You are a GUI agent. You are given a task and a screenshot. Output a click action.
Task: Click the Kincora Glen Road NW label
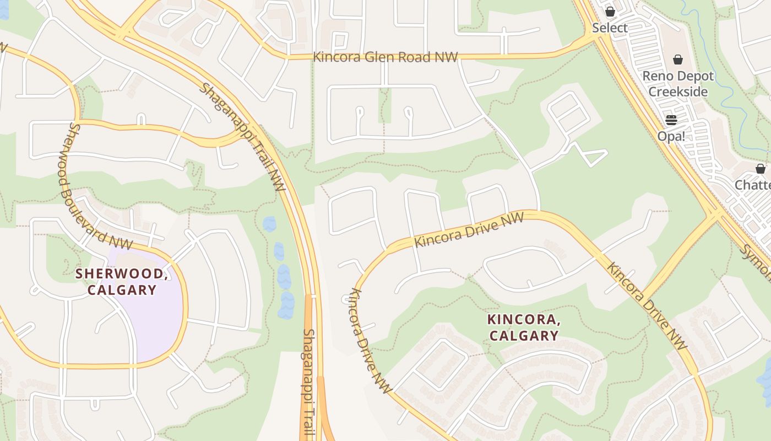tap(385, 57)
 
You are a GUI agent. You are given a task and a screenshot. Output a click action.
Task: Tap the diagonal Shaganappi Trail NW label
tap(242, 137)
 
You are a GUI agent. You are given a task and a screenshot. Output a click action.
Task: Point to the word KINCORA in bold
tap(524, 320)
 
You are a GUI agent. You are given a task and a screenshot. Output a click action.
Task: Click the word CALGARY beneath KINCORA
tap(524, 336)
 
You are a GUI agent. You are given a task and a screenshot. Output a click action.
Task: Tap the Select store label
tap(610, 28)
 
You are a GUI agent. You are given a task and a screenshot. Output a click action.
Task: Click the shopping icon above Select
tap(610, 12)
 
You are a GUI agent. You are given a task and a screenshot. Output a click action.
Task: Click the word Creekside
tap(678, 92)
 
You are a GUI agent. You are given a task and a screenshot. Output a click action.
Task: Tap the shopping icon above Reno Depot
tap(678, 60)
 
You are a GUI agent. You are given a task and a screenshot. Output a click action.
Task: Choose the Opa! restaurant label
tap(671, 136)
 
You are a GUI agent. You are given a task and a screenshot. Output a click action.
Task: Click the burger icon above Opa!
tap(671, 120)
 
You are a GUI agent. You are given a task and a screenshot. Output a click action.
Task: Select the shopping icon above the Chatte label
tap(761, 169)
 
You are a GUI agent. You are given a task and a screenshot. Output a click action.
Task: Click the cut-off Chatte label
tap(753, 185)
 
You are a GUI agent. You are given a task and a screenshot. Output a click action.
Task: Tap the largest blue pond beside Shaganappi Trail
tap(287, 305)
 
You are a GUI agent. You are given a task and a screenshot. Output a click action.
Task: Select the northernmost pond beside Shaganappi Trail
tap(269, 224)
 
